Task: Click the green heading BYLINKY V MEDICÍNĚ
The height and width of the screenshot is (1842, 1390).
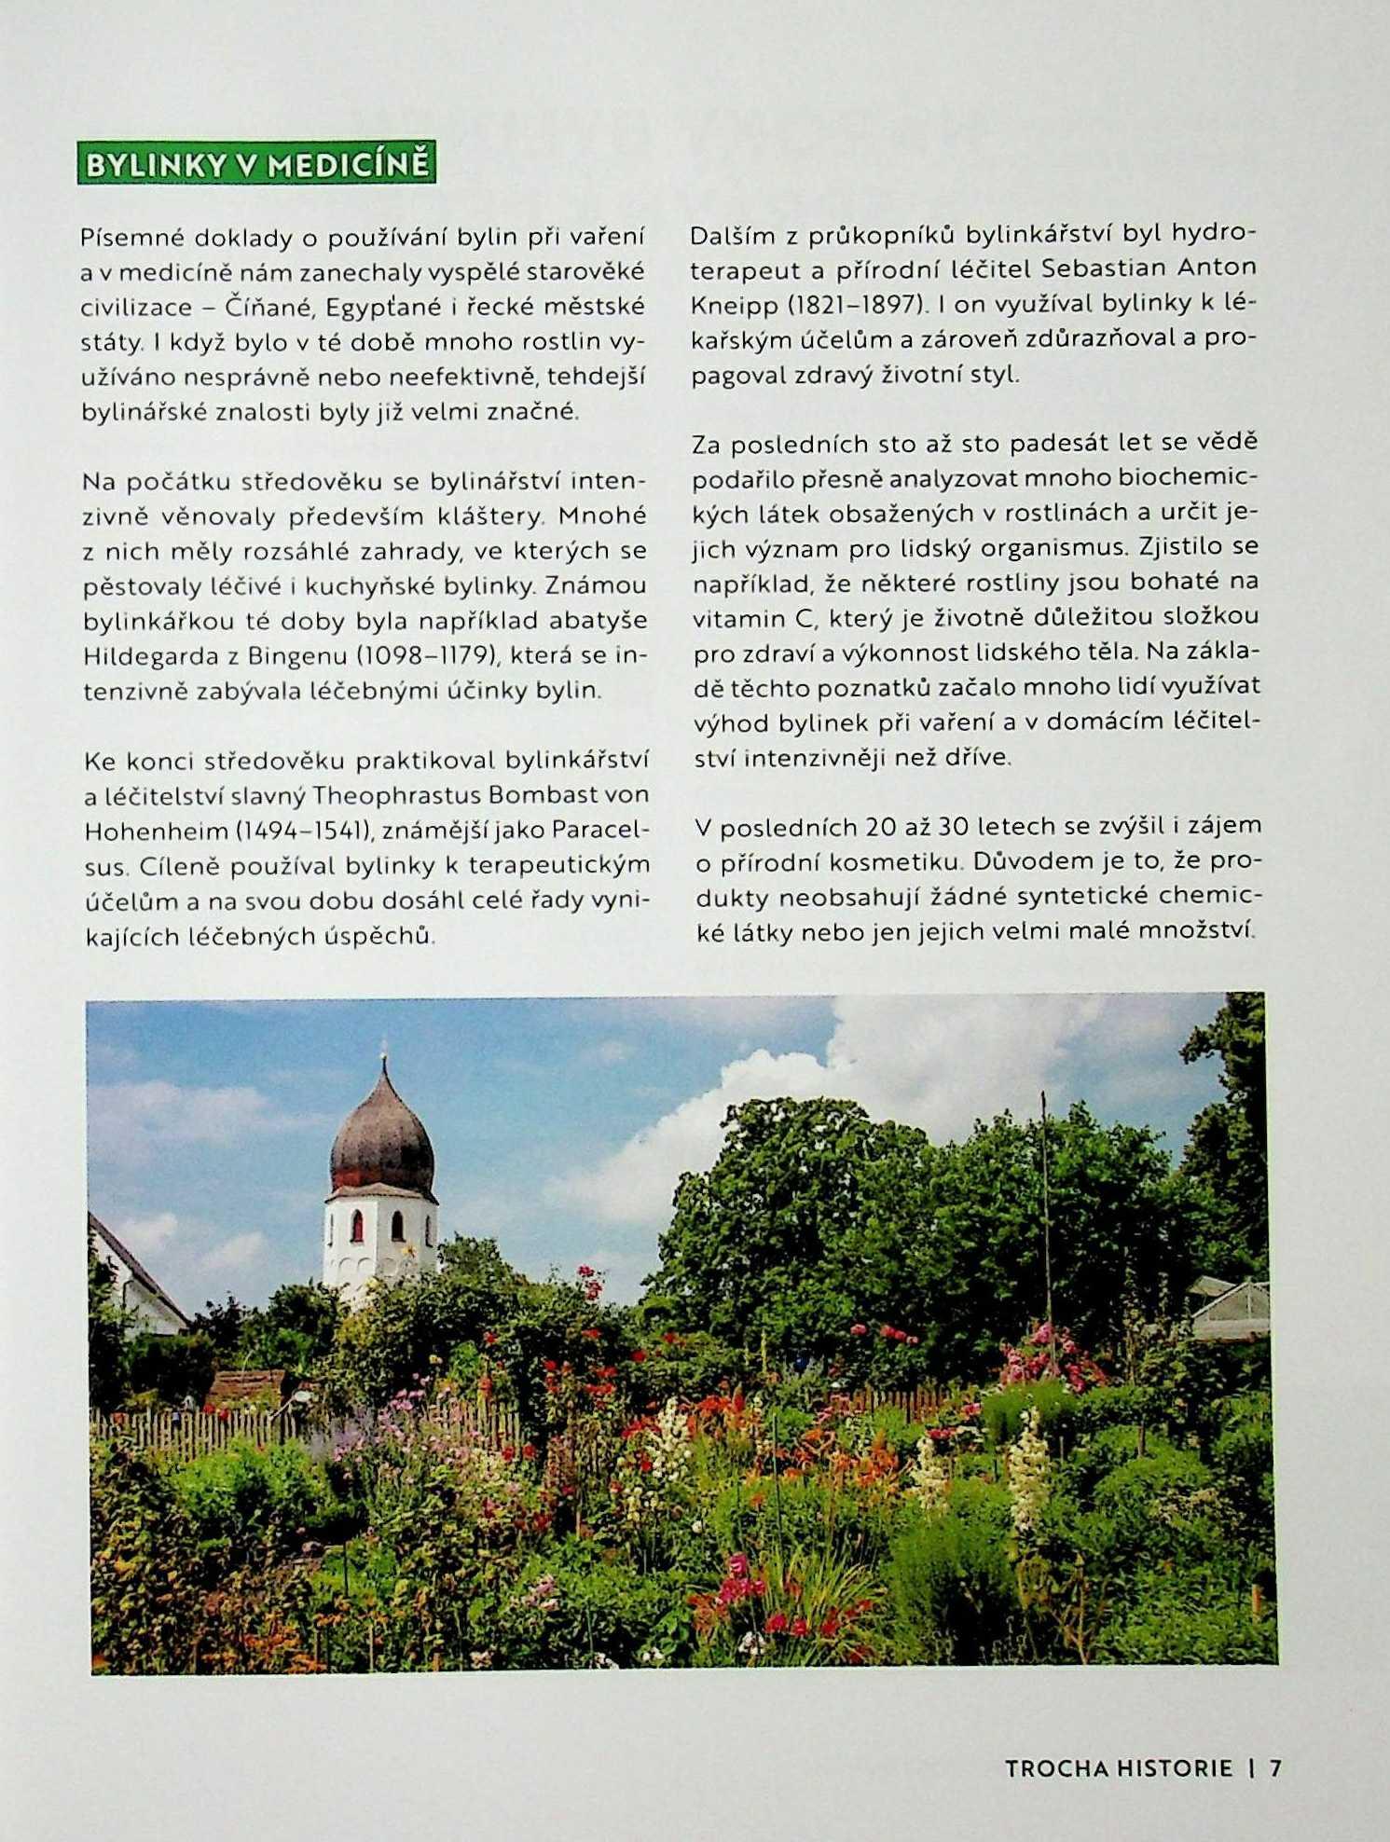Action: point(256,165)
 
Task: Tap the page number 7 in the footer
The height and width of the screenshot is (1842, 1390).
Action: point(1276,1768)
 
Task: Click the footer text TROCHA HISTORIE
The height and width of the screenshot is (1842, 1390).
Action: point(1118,1768)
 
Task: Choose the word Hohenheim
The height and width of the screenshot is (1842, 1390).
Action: point(156,831)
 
